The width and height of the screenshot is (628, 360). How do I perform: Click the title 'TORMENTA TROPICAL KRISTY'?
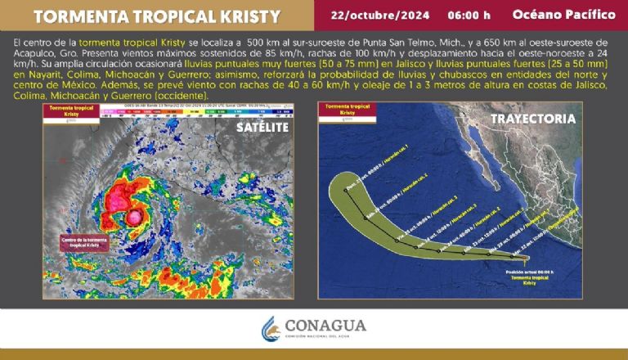point(148,16)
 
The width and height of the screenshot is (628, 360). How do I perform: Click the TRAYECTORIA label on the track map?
point(532,119)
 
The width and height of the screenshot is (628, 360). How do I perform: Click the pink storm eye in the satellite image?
point(132,218)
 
